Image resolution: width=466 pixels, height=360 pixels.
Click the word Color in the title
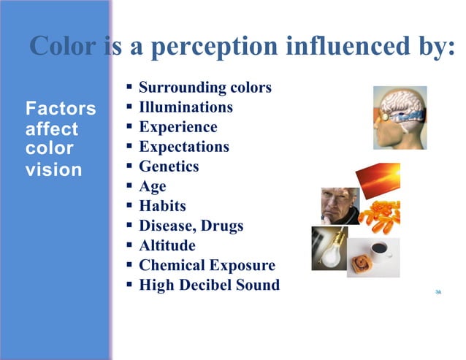coord(63,46)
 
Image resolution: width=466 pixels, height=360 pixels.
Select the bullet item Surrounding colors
coord(205,88)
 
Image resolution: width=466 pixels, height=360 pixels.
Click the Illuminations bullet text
coord(186,107)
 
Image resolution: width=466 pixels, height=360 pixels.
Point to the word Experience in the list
coord(177,127)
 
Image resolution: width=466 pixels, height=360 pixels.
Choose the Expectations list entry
coord(183,147)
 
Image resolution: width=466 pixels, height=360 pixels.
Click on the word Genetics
coord(169,166)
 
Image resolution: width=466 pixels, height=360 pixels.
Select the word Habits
coord(162,206)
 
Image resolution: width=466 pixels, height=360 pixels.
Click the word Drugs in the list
coord(218,226)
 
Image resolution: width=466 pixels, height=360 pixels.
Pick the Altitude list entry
coord(167,245)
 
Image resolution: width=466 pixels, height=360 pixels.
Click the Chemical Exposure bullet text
coord(207,265)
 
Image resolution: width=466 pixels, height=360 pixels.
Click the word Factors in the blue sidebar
coord(61,110)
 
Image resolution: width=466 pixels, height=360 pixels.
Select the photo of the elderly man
coord(339,207)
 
